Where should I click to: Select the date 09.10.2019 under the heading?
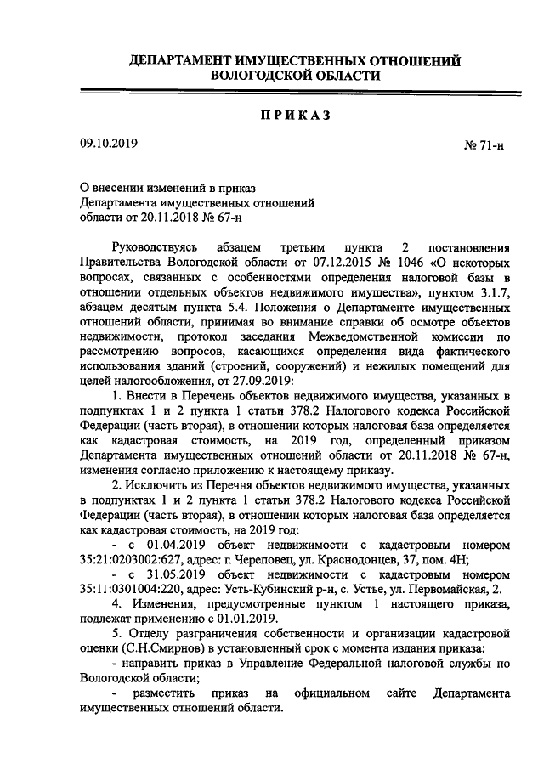point(108,144)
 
